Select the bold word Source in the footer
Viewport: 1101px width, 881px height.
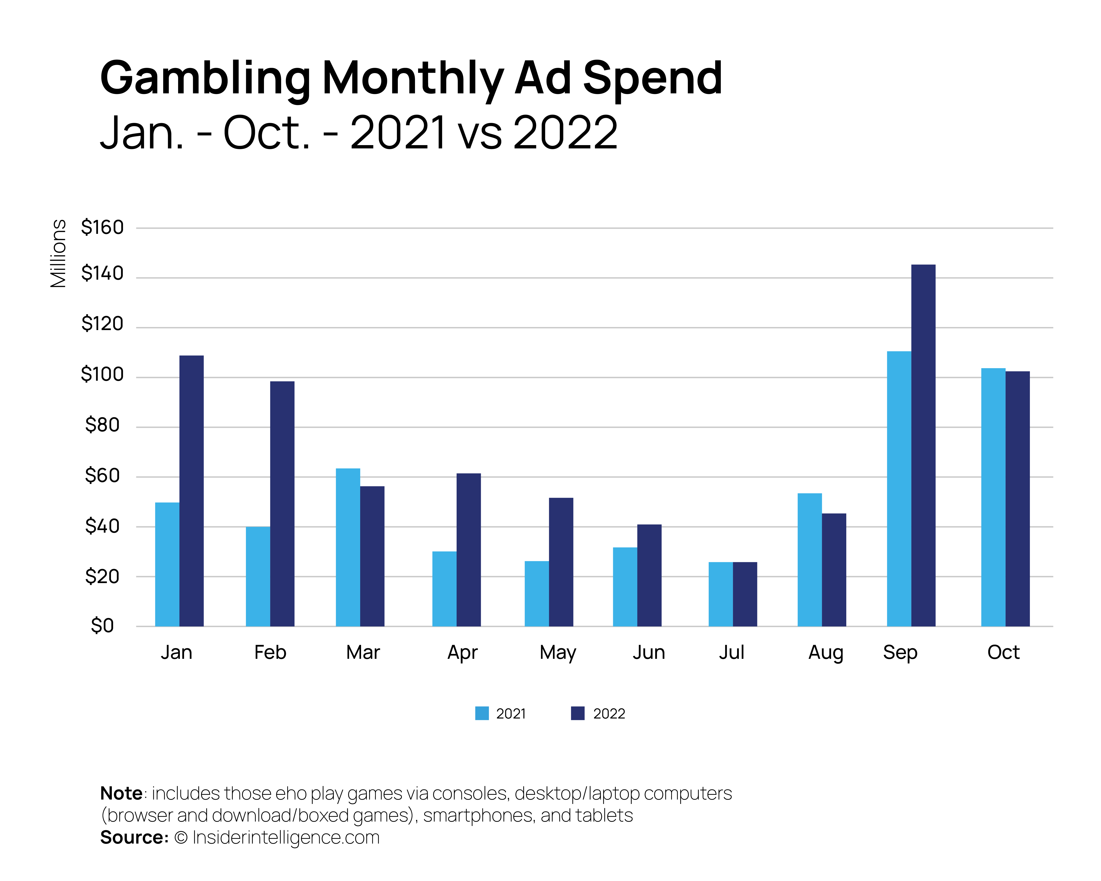[x=134, y=838]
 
